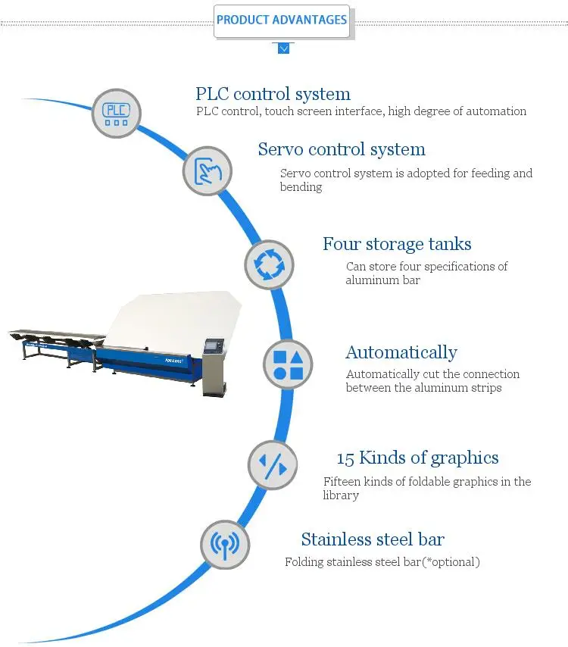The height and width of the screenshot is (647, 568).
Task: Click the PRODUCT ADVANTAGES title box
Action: (282, 20)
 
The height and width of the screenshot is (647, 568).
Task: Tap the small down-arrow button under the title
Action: (283, 48)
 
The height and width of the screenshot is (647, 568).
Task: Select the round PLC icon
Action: (117, 114)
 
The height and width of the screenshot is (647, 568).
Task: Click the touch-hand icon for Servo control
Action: (208, 170)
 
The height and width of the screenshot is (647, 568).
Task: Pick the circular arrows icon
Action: (269, 265)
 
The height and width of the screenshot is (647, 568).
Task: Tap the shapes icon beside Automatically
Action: (288, 364)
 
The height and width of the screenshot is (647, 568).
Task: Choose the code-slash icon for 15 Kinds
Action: (273, 464)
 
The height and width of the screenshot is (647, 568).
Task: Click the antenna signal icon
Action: (225, 544)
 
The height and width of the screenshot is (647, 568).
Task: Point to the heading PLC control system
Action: (273, 94)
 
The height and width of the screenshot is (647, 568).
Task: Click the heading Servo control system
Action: (342, 149)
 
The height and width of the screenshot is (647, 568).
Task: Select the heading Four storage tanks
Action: (397, 244)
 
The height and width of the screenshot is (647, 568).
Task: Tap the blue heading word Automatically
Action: (401, 352)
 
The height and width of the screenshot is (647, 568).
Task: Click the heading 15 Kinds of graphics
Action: (417, 458)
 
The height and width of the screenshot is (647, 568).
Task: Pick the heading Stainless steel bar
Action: (373, 539)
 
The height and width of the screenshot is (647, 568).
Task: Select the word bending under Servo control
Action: (301, 187)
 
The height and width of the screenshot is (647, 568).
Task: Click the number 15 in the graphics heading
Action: (345, 458)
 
